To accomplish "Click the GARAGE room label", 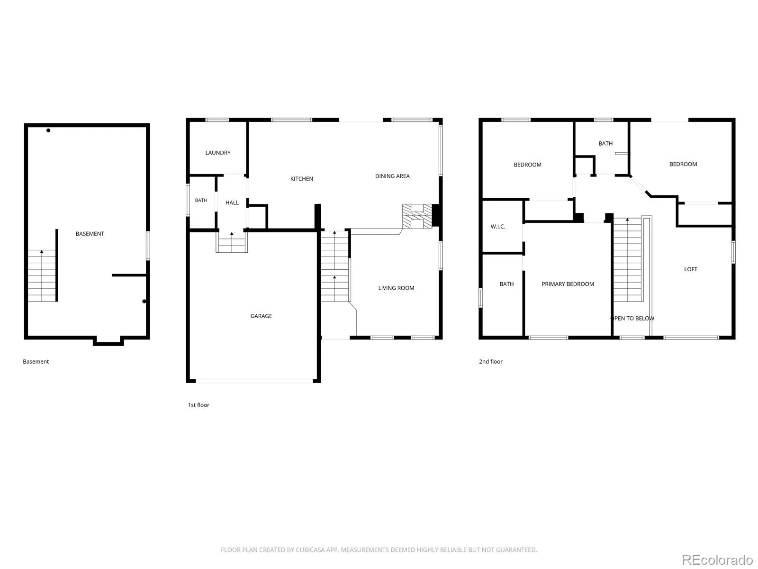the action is pos(261,316).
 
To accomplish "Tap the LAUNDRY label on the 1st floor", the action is pos(218,153).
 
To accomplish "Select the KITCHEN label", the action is pos(301,179).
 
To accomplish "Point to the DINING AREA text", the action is pos(392,176).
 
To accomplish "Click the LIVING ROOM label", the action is pos(396,288).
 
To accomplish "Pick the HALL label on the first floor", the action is pos(232,203).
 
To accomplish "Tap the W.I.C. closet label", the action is pos(497,227).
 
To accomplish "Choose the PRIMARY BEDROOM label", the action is pos(568,284).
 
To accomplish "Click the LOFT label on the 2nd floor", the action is pos(691,269).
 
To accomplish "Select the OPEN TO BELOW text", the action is pos(632,319).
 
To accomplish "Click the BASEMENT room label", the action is pos(90,234).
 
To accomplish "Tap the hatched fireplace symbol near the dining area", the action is pos(417,216).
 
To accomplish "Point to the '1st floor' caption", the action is pos(199,405).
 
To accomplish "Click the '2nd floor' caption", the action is pos(490,361).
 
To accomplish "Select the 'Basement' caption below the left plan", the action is pos(36,361).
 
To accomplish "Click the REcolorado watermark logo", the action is pos(717,560).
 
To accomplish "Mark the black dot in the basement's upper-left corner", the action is pos(48,130).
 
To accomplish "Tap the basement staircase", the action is pos(42,275).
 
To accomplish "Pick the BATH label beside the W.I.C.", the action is pos(506,284).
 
